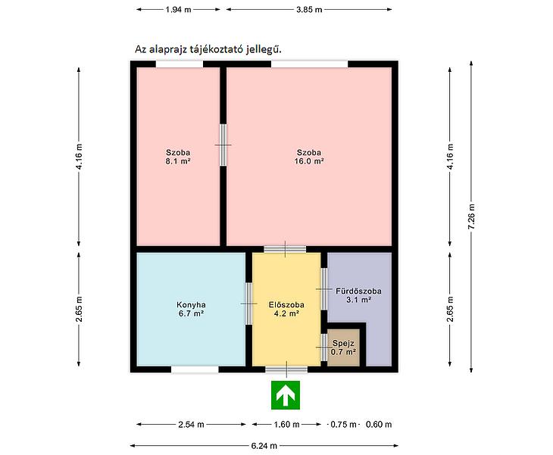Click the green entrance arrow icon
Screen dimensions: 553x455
[x=286, y=395]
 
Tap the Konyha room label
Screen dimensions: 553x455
[x=191, y=305]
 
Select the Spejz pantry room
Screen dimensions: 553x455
[x=343, y=347]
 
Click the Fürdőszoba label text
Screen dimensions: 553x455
[x=358, y=291]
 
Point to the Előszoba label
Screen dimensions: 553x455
[x=286, y=305]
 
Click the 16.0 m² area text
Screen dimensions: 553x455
[x=309, y=161]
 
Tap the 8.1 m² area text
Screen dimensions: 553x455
[x=178, y=161]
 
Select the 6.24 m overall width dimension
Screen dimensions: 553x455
[x=264, y=446]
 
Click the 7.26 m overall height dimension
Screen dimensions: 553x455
[x=471, y=217]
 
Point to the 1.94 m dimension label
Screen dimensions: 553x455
[x=179, y=10]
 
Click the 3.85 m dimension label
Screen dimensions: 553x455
[x=309, y=10]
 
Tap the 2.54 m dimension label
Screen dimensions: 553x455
[x=191, y=425]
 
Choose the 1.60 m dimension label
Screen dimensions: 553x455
[x=287, y=425]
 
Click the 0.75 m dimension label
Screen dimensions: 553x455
[x=343, y=425]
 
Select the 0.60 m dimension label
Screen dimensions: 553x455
[x=379, y=425]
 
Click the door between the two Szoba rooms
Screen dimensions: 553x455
[x=223, y=145]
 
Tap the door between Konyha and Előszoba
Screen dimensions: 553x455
[x=249, y=304]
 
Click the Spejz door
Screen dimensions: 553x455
[x=324, y=347]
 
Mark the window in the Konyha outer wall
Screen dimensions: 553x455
[x=195, y=369]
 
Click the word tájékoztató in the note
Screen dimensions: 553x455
[x=218, y=50]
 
